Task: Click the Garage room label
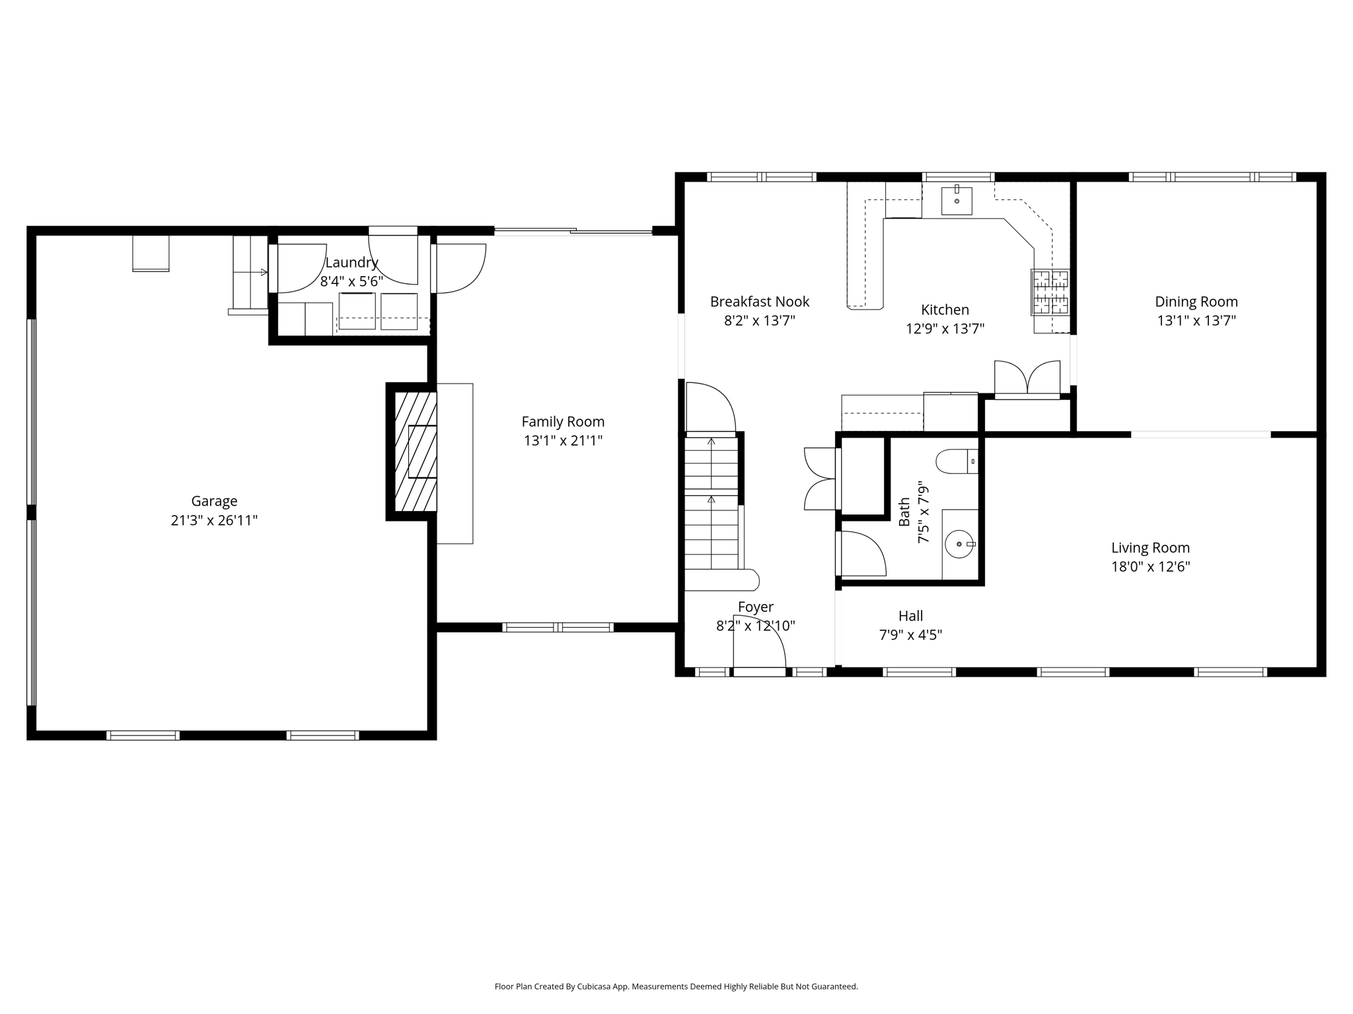click(x=213, y=501)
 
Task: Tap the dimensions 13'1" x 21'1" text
click(x=563, y=440)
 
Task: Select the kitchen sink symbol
click(x=956, y=201)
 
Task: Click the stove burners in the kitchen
click(x=1050, y=292)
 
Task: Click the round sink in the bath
click(x=959, y=544)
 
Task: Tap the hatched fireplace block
click(x=416, y=452)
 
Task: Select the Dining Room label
click(x=1196, y=302)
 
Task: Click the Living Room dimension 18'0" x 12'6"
click(x=1150, y=566)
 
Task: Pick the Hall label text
click(x=910, y=616)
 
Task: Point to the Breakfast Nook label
click(x=759, y=302)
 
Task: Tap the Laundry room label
click(x=351, y=262)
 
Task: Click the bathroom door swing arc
click(x=862, y=553)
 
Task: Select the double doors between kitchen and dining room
click(x=1027, y=380)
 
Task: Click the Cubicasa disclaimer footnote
click(x=676, y=986)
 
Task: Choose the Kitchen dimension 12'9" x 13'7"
click(x=945, y=329)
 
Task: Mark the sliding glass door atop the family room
click(x=573, y=231)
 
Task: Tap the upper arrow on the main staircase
click(x=711, y=440)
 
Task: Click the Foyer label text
click(x=755, y=607)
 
